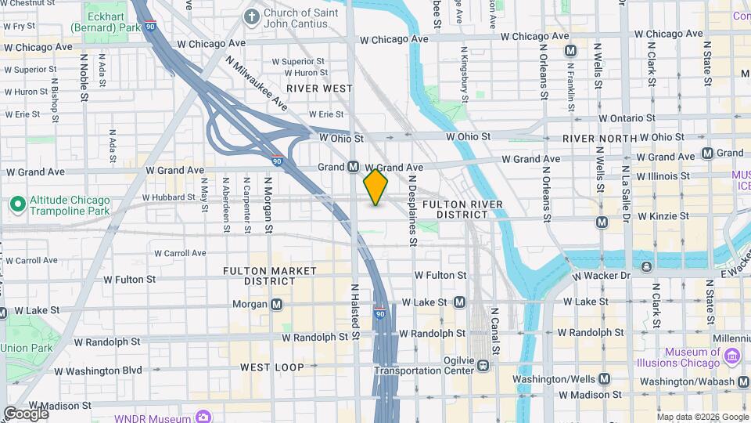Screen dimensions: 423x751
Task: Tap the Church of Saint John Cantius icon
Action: [252, 16]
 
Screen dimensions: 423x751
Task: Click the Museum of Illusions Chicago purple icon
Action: [733, 356]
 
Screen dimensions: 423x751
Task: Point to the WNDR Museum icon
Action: [203, 415]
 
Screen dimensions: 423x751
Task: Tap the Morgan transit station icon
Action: [277, 304]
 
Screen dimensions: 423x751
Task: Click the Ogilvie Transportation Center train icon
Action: [484, 364]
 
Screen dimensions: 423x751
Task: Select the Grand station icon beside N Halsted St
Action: [353, 167]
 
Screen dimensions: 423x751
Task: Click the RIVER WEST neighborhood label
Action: [320, 89]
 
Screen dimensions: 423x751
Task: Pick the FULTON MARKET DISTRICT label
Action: [270, 276]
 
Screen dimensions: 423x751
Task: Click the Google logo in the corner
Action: [25, 413]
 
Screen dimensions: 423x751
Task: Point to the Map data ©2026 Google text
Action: [702, 417]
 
